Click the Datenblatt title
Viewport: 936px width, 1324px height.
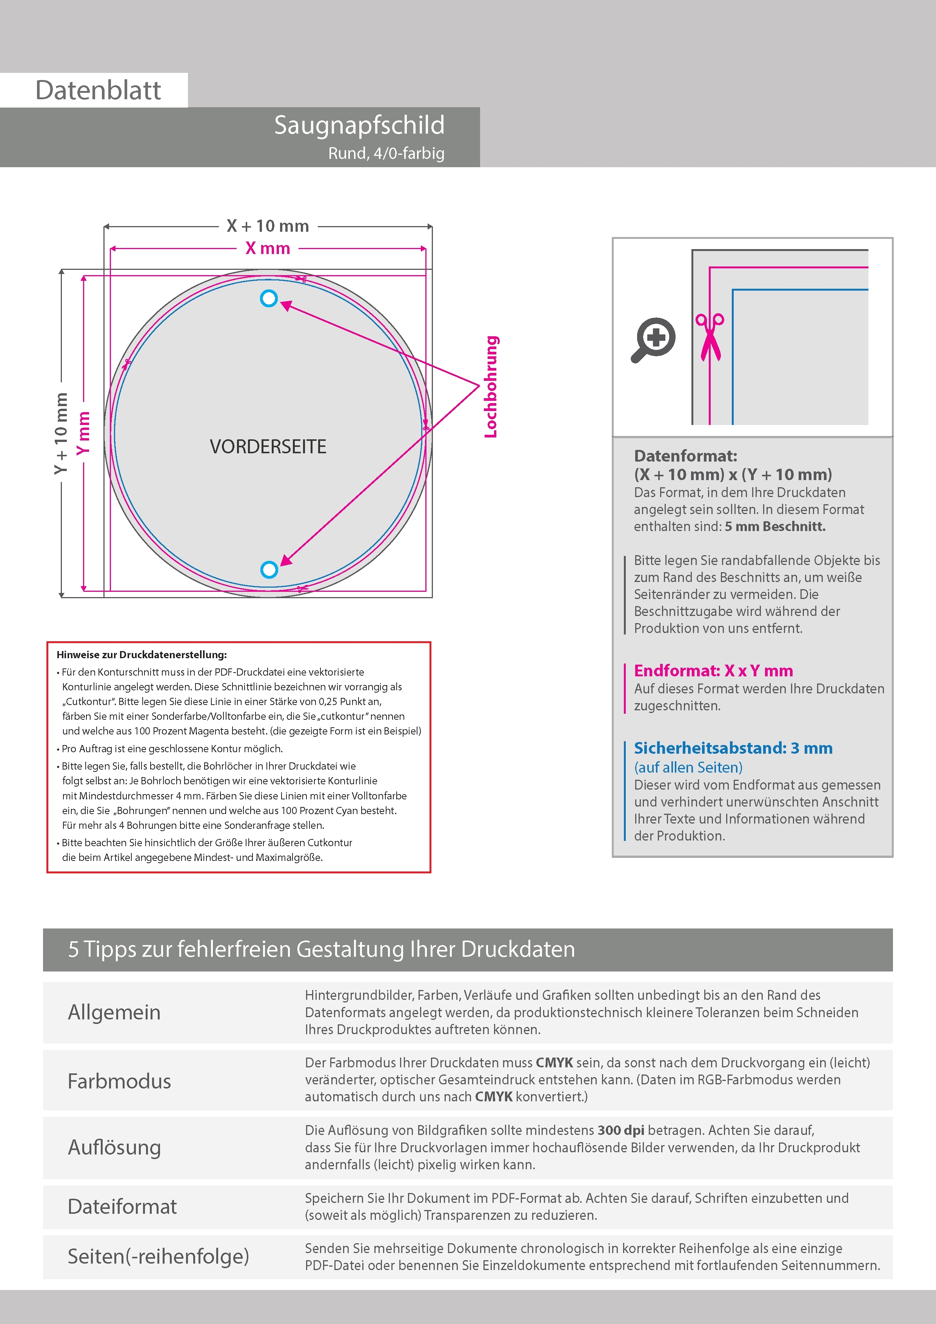tap(98, 90)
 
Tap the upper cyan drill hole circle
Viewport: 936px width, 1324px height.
tap(269, 298)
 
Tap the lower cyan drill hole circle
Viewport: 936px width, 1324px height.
tap(269, 570)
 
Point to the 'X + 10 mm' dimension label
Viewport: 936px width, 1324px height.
tap(268, 226)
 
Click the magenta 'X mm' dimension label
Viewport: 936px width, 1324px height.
tap(268, 249)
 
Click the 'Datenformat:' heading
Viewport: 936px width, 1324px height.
tap(685, 456)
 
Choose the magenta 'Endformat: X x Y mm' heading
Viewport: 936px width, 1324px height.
tap(713, 671)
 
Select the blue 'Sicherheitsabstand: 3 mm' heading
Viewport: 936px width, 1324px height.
tap(733, 748)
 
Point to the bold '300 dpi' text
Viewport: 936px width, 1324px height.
tap(620, 1130)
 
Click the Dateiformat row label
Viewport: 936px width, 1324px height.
tap(122, 1206)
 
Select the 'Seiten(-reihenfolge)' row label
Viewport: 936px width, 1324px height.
tap(159, 1256)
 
